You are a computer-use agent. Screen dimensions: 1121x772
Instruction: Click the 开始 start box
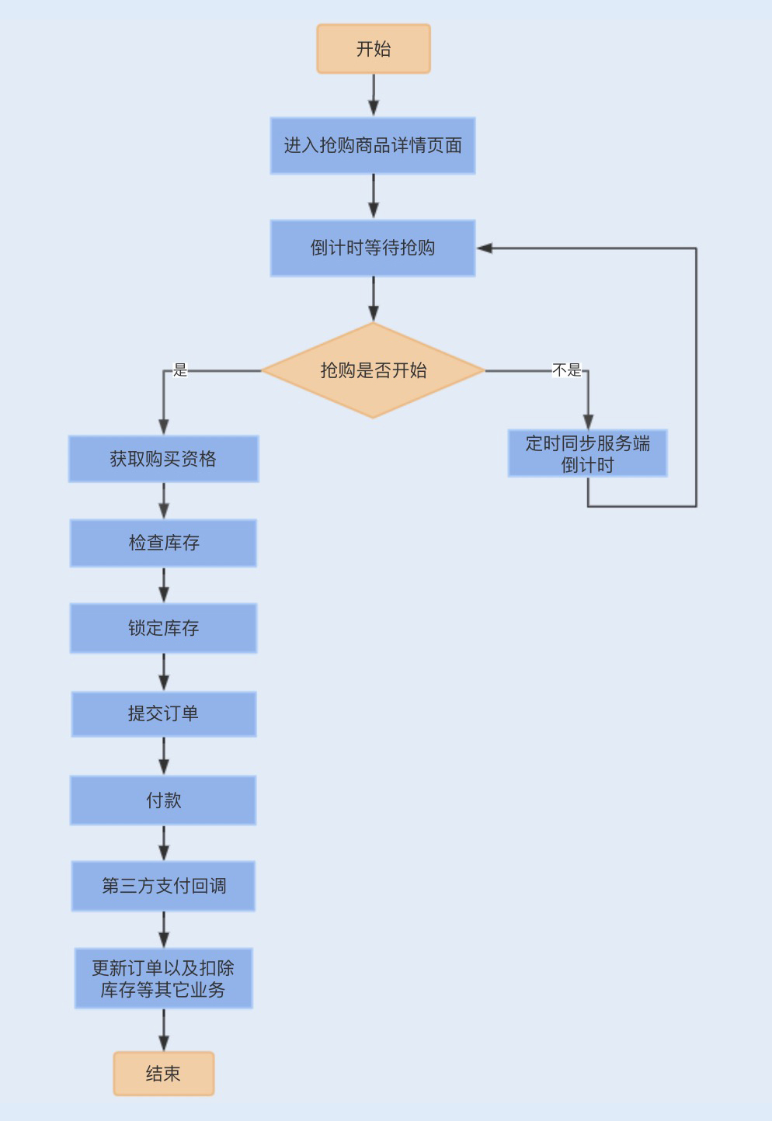(373, 49)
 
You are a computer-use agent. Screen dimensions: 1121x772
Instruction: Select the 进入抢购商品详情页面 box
(373, 146)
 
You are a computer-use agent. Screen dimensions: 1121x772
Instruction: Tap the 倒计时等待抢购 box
(373, 248)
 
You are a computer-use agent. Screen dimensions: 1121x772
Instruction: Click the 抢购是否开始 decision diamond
(373, 371)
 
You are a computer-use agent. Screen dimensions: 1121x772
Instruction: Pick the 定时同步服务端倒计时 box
(587, 454)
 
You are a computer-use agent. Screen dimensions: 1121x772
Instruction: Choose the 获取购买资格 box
(163, 459)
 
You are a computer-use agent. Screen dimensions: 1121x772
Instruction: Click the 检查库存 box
(163, 543)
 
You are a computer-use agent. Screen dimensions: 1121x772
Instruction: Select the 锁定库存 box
(163, 628)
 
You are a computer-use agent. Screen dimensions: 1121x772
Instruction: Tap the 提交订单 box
(163, 714)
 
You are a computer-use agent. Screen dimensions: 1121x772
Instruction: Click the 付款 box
(163, 800)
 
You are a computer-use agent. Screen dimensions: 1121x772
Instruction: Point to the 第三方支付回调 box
(163, 886)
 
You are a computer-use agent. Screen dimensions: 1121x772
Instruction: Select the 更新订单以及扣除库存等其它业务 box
(163, 978)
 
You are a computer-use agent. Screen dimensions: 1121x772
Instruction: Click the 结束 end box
(163, 1074)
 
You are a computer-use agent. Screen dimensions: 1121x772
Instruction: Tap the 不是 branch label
(566, 370)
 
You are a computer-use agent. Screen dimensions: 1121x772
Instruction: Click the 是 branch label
(180, 370)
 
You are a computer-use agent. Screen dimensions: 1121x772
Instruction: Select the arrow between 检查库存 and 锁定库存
(164, 585)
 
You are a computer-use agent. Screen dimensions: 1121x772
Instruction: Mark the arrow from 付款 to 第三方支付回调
(164, 843)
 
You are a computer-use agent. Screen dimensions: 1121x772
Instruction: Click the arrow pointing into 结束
(164, 1031)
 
